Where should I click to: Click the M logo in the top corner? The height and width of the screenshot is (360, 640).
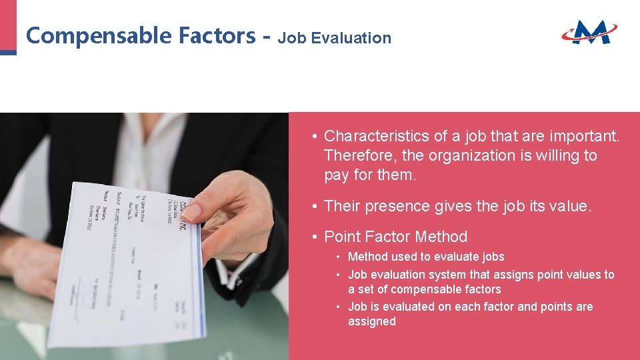click(x=590, y=31)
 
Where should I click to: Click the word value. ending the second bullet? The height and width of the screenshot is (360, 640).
click(x=568, y=207)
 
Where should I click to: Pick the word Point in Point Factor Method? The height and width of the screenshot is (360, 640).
click(x=341, y=237)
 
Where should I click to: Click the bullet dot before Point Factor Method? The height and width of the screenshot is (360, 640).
click(x=313, y=237)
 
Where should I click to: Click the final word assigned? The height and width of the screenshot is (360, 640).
click(x=371, y=321)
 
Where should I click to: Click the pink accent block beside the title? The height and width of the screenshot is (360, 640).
click(x=8, y=27)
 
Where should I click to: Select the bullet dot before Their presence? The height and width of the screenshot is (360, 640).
click(x=313, y=207)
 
